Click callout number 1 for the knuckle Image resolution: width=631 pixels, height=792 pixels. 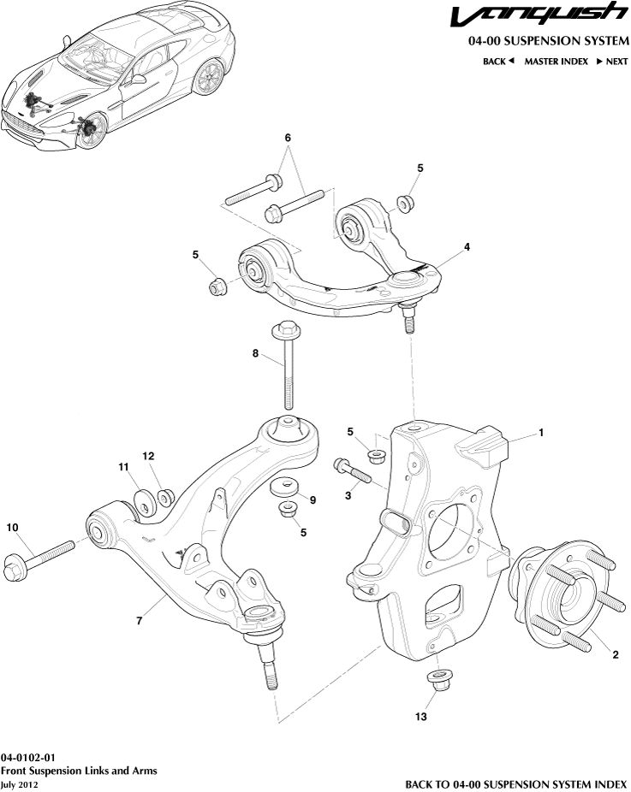tap(541, 434)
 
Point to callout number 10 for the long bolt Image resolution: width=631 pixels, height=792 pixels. tap(12, 528)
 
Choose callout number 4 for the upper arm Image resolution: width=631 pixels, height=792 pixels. tap(467, 247)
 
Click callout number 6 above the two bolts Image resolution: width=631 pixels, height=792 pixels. tap(288, 138)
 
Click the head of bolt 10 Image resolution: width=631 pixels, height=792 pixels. tap(15, 565)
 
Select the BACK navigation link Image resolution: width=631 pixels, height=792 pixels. tap(497, 61)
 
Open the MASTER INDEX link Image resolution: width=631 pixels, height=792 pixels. tap(556, 61)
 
